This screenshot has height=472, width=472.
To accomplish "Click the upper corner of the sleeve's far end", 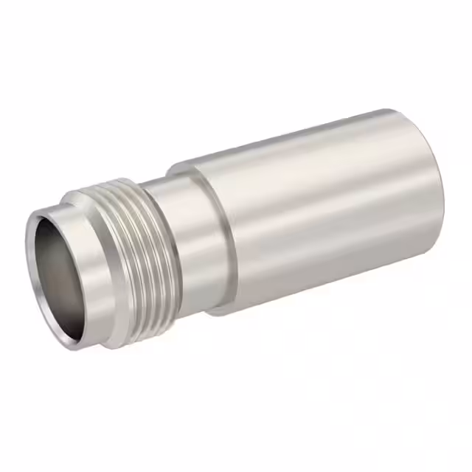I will (x=398, y=112).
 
